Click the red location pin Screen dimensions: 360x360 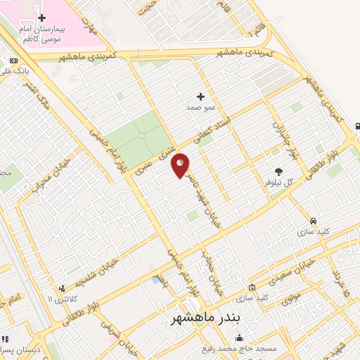[181, 165]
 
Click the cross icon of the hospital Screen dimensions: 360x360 [41, 17]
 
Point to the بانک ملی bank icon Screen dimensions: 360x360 [13, 62]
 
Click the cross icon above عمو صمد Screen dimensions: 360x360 [201, 96]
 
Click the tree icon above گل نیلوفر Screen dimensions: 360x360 [279, 171]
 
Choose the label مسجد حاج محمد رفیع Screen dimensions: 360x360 [276, 348]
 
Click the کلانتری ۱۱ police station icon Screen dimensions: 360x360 [62, 288]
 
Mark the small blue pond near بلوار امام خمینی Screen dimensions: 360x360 [155, 280]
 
